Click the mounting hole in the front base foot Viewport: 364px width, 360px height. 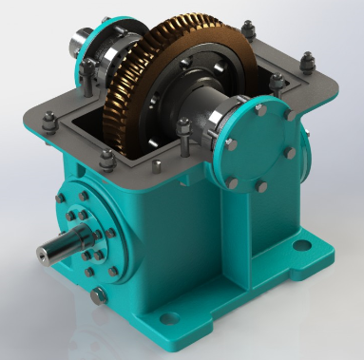[170, 317]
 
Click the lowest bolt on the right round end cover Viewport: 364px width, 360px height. [259, 178]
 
